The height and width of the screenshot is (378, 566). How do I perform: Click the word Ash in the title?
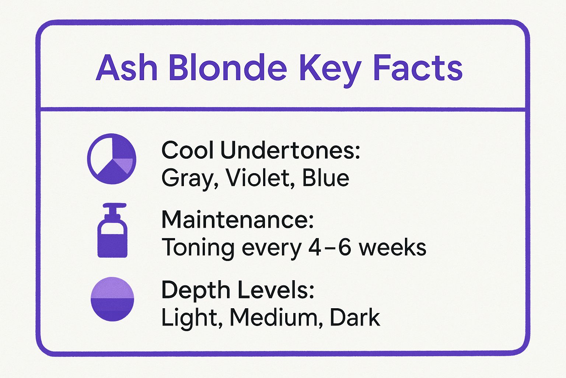(x=126, y=68)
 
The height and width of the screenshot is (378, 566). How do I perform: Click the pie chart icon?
(x=112, y=159)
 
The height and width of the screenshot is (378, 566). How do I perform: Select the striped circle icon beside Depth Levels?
(x=112, y=299)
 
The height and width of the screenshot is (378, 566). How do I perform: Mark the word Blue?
(x=325, y=178)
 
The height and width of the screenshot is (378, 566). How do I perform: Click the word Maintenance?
(x=237, y=220)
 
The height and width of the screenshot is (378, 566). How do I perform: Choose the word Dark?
(x=354, y=317)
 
